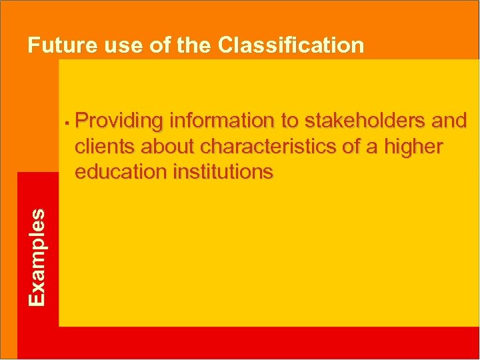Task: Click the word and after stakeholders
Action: click(x=449, y=121)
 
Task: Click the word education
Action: click(x=120, y=172)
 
